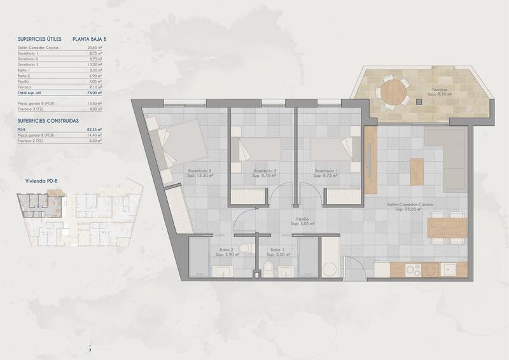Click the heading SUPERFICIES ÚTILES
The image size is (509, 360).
pyautogui.click(x=39, y=39)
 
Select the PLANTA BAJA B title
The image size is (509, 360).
pyautogui.click(x=90, y=39)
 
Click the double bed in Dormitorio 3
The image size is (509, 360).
pyautogui.click(x=181, y=144)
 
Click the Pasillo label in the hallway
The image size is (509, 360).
pyautogui.click(x=296, y=219)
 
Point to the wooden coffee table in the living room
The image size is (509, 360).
pyautogui.click(x=417, y=172)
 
